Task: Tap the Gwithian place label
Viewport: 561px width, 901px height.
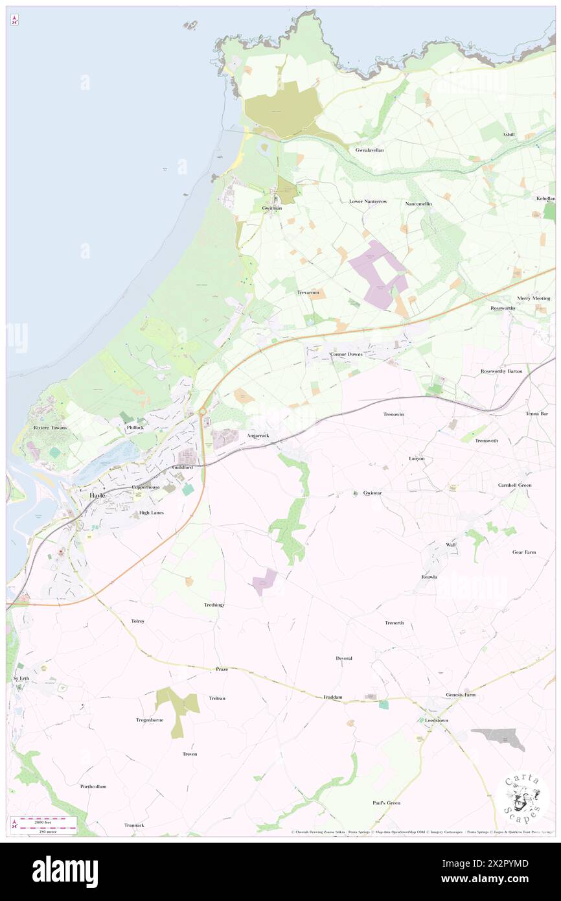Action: (x=272, y=208)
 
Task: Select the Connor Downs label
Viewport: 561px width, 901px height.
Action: (x=347, y=355)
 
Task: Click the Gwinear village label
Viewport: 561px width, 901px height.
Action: (x=372, y=493)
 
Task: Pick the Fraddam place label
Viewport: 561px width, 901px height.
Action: (x=332, y=697)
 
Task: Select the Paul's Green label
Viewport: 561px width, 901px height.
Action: (x=386, y=802)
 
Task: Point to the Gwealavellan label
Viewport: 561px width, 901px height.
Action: (x=369, y=150)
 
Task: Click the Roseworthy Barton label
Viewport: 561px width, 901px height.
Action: (x=501, y=371)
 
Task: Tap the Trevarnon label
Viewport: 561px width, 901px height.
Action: (x=308, y=293)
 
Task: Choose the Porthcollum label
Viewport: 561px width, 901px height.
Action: (x=93, y=786)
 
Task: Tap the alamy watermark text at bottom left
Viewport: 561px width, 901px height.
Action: (x=65, y=871)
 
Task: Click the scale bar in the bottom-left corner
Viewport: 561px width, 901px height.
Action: (x=45, y=824)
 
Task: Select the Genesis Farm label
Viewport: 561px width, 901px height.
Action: (x=461, y=695)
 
